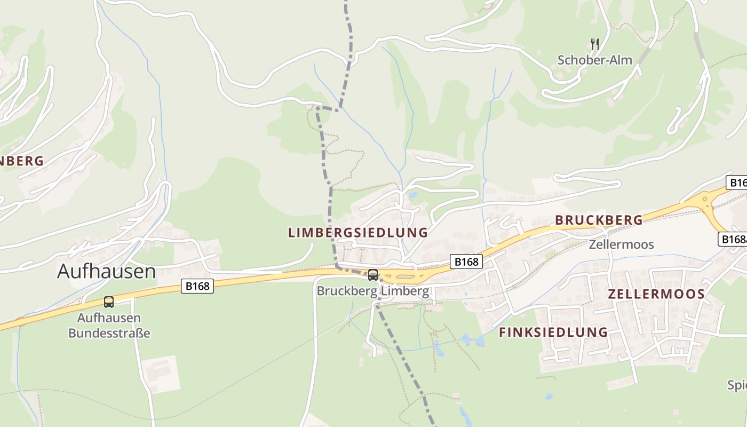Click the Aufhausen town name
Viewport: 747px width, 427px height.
(106, 271)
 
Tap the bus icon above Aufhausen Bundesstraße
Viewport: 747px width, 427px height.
(109, 302)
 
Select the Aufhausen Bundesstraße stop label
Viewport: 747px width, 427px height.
(109, 326)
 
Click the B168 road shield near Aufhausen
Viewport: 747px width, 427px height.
(197, 286)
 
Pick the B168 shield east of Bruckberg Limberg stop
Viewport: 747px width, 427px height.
(466, 262)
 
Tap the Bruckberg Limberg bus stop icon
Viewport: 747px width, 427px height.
(373, 275)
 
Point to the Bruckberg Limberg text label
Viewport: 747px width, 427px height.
(372, 291)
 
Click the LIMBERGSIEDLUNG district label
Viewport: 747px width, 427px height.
(357, 233)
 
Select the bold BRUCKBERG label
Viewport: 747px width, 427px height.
(599, 220)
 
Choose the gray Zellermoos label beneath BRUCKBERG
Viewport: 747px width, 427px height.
(621, 244)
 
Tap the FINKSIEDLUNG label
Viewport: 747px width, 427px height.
(553, 332)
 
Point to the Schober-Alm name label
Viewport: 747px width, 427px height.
(594, 60)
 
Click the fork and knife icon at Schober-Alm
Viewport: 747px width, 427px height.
(595, 44)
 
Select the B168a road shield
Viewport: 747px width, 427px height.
(733, 239)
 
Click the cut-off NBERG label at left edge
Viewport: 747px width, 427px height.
(21, 161)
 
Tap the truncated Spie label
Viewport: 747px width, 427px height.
(737, 385)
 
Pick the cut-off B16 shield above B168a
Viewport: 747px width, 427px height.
(737, 183)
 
